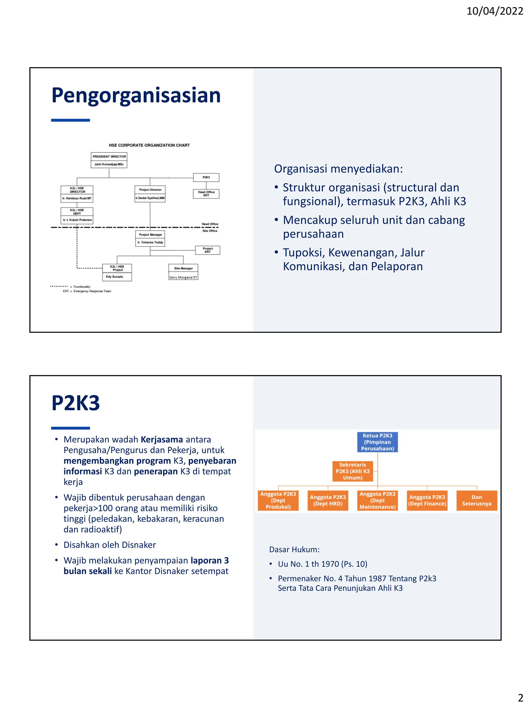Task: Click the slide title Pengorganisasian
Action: coord(136,95)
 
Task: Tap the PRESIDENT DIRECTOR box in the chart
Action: coord(109,157)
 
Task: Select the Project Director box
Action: coord(150,190)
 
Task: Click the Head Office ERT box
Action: coord(206,194)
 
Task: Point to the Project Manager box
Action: coord(150,235)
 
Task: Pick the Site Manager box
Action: coord(183,268)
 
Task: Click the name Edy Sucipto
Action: coord(115,277)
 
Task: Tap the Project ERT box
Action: coord(208,250)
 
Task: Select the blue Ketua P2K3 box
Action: coord(377,442)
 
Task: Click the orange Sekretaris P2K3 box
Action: coord(352,471)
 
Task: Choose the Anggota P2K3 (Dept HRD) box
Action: coord(328,500)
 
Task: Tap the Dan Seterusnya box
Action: coord(477,500)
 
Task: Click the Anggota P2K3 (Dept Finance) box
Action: coord(427,500)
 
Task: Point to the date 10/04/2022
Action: coord(494,11)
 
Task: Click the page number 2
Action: coord(520,697)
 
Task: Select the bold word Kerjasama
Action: coord(162,439)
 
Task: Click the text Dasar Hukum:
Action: coord(294,550)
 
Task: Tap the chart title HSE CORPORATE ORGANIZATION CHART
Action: coord(149,145)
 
